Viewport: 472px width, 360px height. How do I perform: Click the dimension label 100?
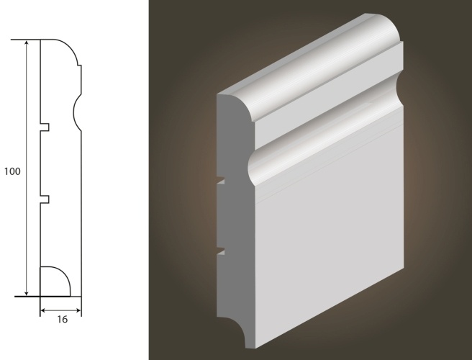point(12,171)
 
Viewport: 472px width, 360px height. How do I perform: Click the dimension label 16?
point(63,320)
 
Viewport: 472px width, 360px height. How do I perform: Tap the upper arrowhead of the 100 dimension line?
point(27,44)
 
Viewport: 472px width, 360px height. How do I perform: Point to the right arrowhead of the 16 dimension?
point(78,310)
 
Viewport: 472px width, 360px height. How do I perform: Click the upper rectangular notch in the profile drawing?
point(45,127)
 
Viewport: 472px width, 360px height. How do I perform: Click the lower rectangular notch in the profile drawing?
point(45,199)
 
